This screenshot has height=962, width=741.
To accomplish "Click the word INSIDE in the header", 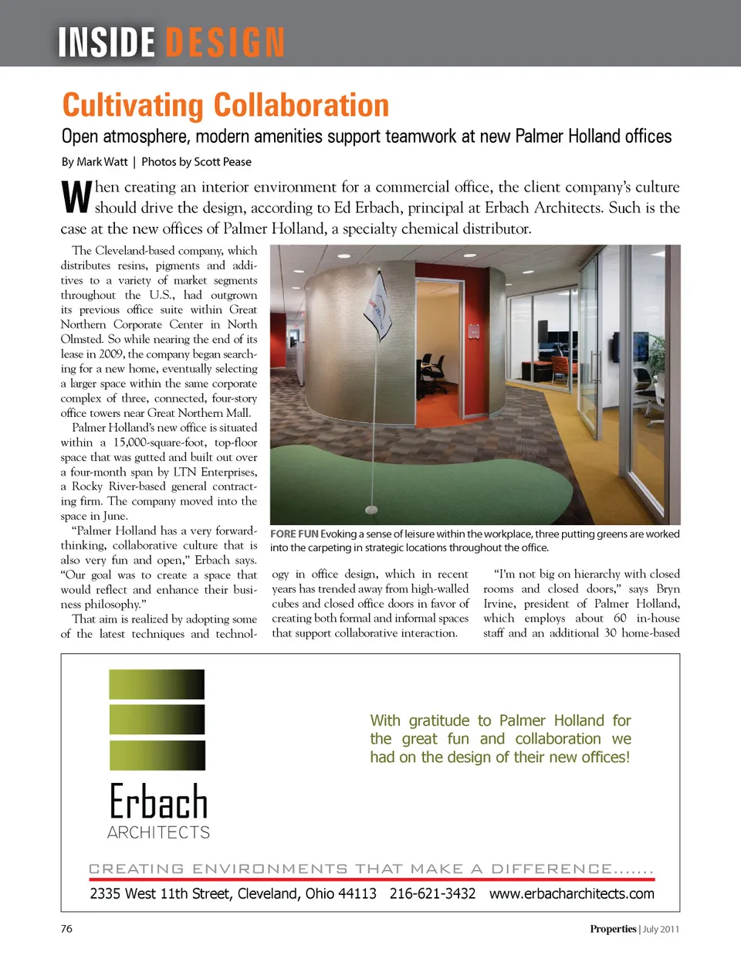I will click(x=107, y=42).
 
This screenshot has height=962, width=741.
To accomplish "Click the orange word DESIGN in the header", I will click(x=225, y=42).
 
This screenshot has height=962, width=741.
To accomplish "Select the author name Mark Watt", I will click(x=102, y=162).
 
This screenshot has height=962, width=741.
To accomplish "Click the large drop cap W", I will click(x=76, y=197).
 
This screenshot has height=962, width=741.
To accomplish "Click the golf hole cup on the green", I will click(x=371, y=510).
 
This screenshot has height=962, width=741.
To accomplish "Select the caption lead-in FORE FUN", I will click(x=294, y=534).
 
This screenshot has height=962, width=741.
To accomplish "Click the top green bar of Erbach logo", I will click(x=157, y=684).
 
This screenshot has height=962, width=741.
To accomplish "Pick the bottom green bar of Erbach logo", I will click(x=157, y=755).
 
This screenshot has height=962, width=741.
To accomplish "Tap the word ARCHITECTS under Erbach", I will click(x=158, y=832).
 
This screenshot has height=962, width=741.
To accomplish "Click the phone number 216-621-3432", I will click(x=432, y=894).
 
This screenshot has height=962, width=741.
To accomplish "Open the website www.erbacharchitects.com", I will click(x=571, y=894).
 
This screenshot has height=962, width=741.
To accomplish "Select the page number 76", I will click(x=66, y=929).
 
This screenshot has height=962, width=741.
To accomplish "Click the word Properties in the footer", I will click(x=613, y=929).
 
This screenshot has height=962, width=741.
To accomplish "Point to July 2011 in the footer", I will click(x=661, y=929).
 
